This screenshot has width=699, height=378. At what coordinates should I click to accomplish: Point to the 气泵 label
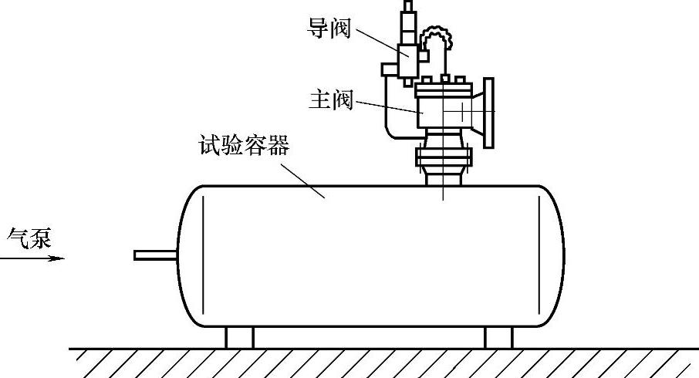point(29,238)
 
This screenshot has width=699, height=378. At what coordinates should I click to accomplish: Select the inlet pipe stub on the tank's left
point(155,255)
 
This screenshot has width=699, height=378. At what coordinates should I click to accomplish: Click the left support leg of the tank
point(238,338)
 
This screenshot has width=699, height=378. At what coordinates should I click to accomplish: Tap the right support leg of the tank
point(498,338)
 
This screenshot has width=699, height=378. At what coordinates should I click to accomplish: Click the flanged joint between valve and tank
point(443,158)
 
